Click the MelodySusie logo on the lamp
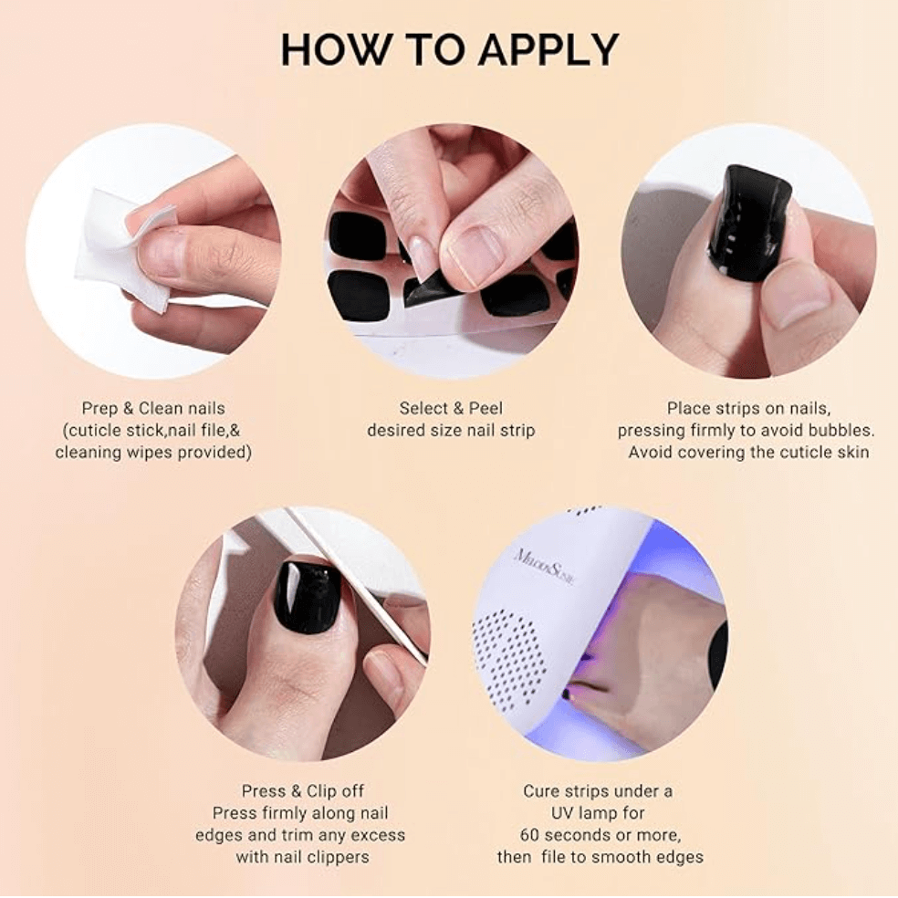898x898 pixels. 546,566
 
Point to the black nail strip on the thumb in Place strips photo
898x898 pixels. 748,224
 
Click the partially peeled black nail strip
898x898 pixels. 429,289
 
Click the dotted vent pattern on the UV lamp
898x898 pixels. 516,643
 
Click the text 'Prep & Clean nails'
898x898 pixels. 152,408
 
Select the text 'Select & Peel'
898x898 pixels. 451,408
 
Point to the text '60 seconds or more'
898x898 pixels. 600,835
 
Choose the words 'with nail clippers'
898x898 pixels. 301,857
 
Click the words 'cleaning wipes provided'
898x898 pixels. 152,452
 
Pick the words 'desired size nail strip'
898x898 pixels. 451,430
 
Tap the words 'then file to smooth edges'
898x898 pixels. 600,857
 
